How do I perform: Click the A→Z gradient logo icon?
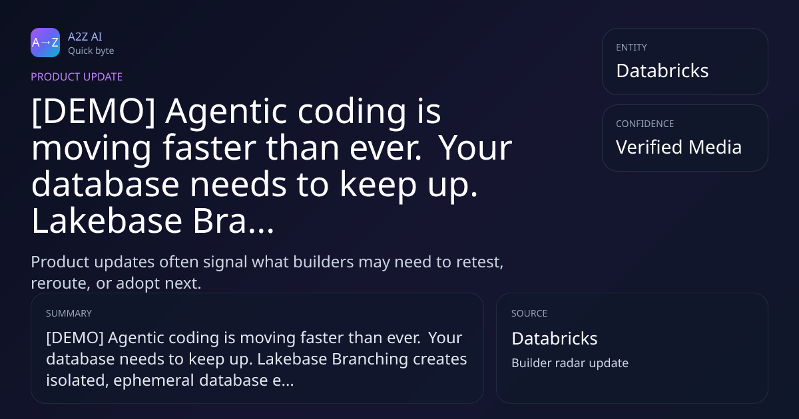point(45,43)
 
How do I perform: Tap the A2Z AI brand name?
point(85,37)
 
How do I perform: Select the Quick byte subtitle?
point(91,51)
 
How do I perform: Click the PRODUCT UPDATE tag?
point(77,77)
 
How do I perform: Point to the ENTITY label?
point(631,47)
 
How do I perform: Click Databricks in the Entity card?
point(663,70)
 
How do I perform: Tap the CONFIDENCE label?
point(645,124)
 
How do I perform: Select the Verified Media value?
point(678,147)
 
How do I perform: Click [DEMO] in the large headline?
point(93,112)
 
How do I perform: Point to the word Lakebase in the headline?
point(107,221)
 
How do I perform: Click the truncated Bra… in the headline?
point(233,221)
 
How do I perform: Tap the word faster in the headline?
point(209,148)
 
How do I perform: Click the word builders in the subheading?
point(324,261)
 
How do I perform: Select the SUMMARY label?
point(69,313)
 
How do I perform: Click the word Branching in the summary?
point(370,359)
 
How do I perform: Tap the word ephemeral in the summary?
point(154,380)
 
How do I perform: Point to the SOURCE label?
point(529,313)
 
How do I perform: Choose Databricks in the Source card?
point(554,339)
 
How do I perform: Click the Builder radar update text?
point(570,363)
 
